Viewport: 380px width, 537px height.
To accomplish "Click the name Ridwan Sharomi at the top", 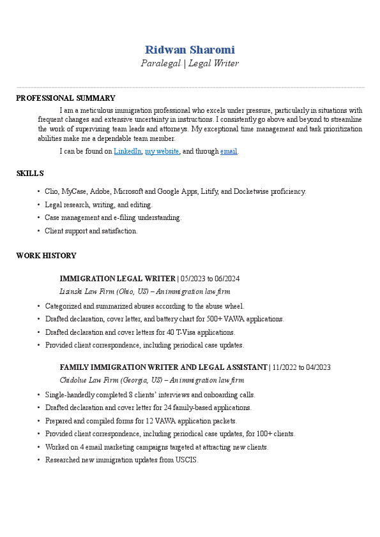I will pos(190,50).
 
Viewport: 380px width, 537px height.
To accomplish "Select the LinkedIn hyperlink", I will pos(127,151).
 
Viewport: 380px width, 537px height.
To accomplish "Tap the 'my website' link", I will pos(162,151).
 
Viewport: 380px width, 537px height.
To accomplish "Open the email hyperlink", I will pos(229,151).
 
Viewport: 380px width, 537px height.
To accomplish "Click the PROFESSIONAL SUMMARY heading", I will pos(65,98).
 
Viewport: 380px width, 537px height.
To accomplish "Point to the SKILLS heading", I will pos(29,173).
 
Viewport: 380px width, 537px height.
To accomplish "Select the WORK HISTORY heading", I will pos(46,256).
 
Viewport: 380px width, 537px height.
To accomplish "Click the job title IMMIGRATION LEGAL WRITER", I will pos(117,279).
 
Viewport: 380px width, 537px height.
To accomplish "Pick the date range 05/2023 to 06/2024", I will pos(210,279).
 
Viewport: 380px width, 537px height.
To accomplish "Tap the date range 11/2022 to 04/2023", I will pos(301,367).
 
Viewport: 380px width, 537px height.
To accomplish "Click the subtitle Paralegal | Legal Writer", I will pos(190,63).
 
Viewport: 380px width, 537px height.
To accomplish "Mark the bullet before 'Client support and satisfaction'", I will pos(38,231).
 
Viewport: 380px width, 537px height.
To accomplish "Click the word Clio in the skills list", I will pos(51,191).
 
